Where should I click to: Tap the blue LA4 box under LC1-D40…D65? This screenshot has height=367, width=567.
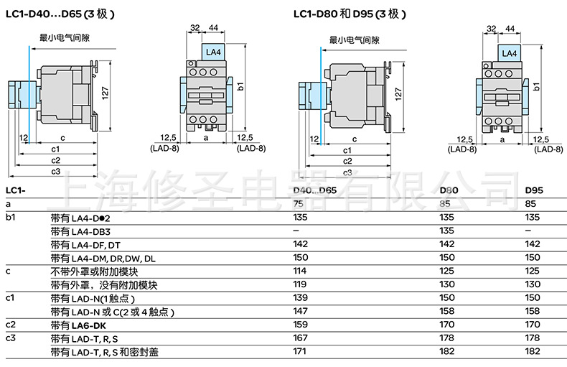[212, 53]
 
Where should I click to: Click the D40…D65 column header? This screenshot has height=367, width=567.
[315, 190]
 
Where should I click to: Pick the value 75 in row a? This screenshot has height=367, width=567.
[299, 204]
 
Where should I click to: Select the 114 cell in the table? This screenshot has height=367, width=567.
[301, 271]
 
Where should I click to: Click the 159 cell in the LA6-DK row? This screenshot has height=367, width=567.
[301, 325]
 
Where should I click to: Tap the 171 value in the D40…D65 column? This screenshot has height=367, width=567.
[301, 352]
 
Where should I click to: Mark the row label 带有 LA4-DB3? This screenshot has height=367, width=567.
[80, 231]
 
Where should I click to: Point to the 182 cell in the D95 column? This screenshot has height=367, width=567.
[533, 352]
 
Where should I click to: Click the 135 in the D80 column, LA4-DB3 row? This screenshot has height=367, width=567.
[446, 231]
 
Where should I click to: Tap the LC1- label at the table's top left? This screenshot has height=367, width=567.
[16, 190]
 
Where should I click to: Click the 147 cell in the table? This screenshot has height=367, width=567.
[301, 312]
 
